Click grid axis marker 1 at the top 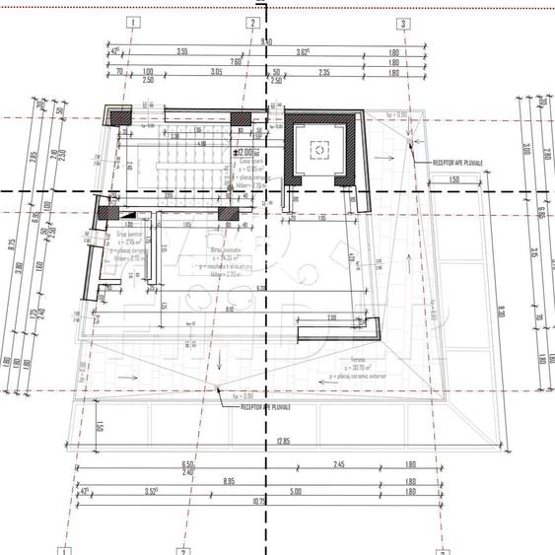point(133,22)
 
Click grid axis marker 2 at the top point(253,22)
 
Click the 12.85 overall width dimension point(284,440)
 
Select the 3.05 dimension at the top point(217,72)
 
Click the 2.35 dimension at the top point(322,72)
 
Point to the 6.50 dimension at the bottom point(187,463)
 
